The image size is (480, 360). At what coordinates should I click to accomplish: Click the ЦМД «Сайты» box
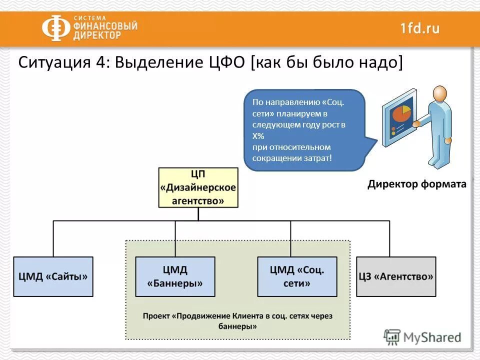[x=53, y=276]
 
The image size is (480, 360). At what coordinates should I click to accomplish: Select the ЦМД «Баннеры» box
[x=175, y=276]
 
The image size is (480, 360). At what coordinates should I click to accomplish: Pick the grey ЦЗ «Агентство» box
[x=395, y=276]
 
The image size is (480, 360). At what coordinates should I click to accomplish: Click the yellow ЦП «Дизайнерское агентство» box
[x=198, y=187]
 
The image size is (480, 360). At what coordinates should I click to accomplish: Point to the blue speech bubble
[x=304, y=130]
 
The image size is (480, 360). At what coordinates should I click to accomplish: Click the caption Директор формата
[x=416, y=184]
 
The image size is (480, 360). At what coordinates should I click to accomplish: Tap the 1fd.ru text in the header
[x=419, y=28]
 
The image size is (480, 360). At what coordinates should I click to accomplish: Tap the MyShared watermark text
[x=432, y=337]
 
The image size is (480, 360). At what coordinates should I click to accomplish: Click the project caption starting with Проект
[x=237, y=321]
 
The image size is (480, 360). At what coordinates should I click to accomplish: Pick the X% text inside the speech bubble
[x=258, y=136]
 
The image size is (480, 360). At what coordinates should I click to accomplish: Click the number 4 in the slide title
[x=102, y=64]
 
